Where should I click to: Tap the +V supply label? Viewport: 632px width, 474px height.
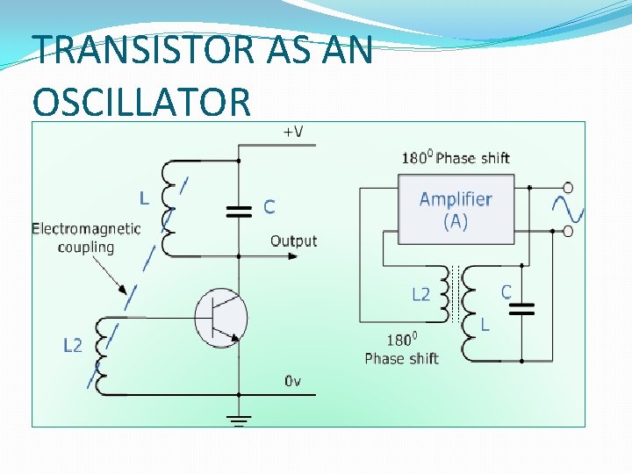(x=292, y=132)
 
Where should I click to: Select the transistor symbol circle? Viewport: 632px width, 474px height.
(x=220, y=317)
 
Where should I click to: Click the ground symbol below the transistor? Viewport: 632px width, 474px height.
(x=239, y=420)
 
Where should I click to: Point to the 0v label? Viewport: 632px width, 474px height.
(x=293, y=381)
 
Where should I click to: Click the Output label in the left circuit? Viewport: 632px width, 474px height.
(x=293, y=241)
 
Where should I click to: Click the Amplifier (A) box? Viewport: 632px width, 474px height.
(x=455, y=209)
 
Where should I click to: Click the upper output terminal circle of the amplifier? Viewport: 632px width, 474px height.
(x=568, y=188)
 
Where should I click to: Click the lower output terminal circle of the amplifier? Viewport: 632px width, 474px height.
(x=568, y=231)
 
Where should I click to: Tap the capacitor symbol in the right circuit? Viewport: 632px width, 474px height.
(x=523, y=308)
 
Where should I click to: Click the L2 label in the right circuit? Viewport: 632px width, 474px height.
(x=421, y=294)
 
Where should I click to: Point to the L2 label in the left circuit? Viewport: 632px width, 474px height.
(x=73, y=346)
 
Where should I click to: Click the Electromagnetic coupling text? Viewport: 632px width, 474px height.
(x=86, y=238)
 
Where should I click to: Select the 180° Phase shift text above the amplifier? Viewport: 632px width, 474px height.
(x=456, y=158)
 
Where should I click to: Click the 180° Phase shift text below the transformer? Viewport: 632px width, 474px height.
(x=401, y=349)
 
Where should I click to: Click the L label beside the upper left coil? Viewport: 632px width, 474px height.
(x=143, y=197)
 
